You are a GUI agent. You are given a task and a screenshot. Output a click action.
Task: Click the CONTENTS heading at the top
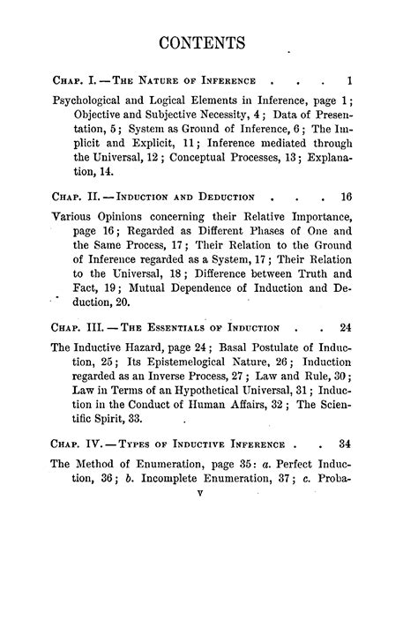click(x=209, y=43)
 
